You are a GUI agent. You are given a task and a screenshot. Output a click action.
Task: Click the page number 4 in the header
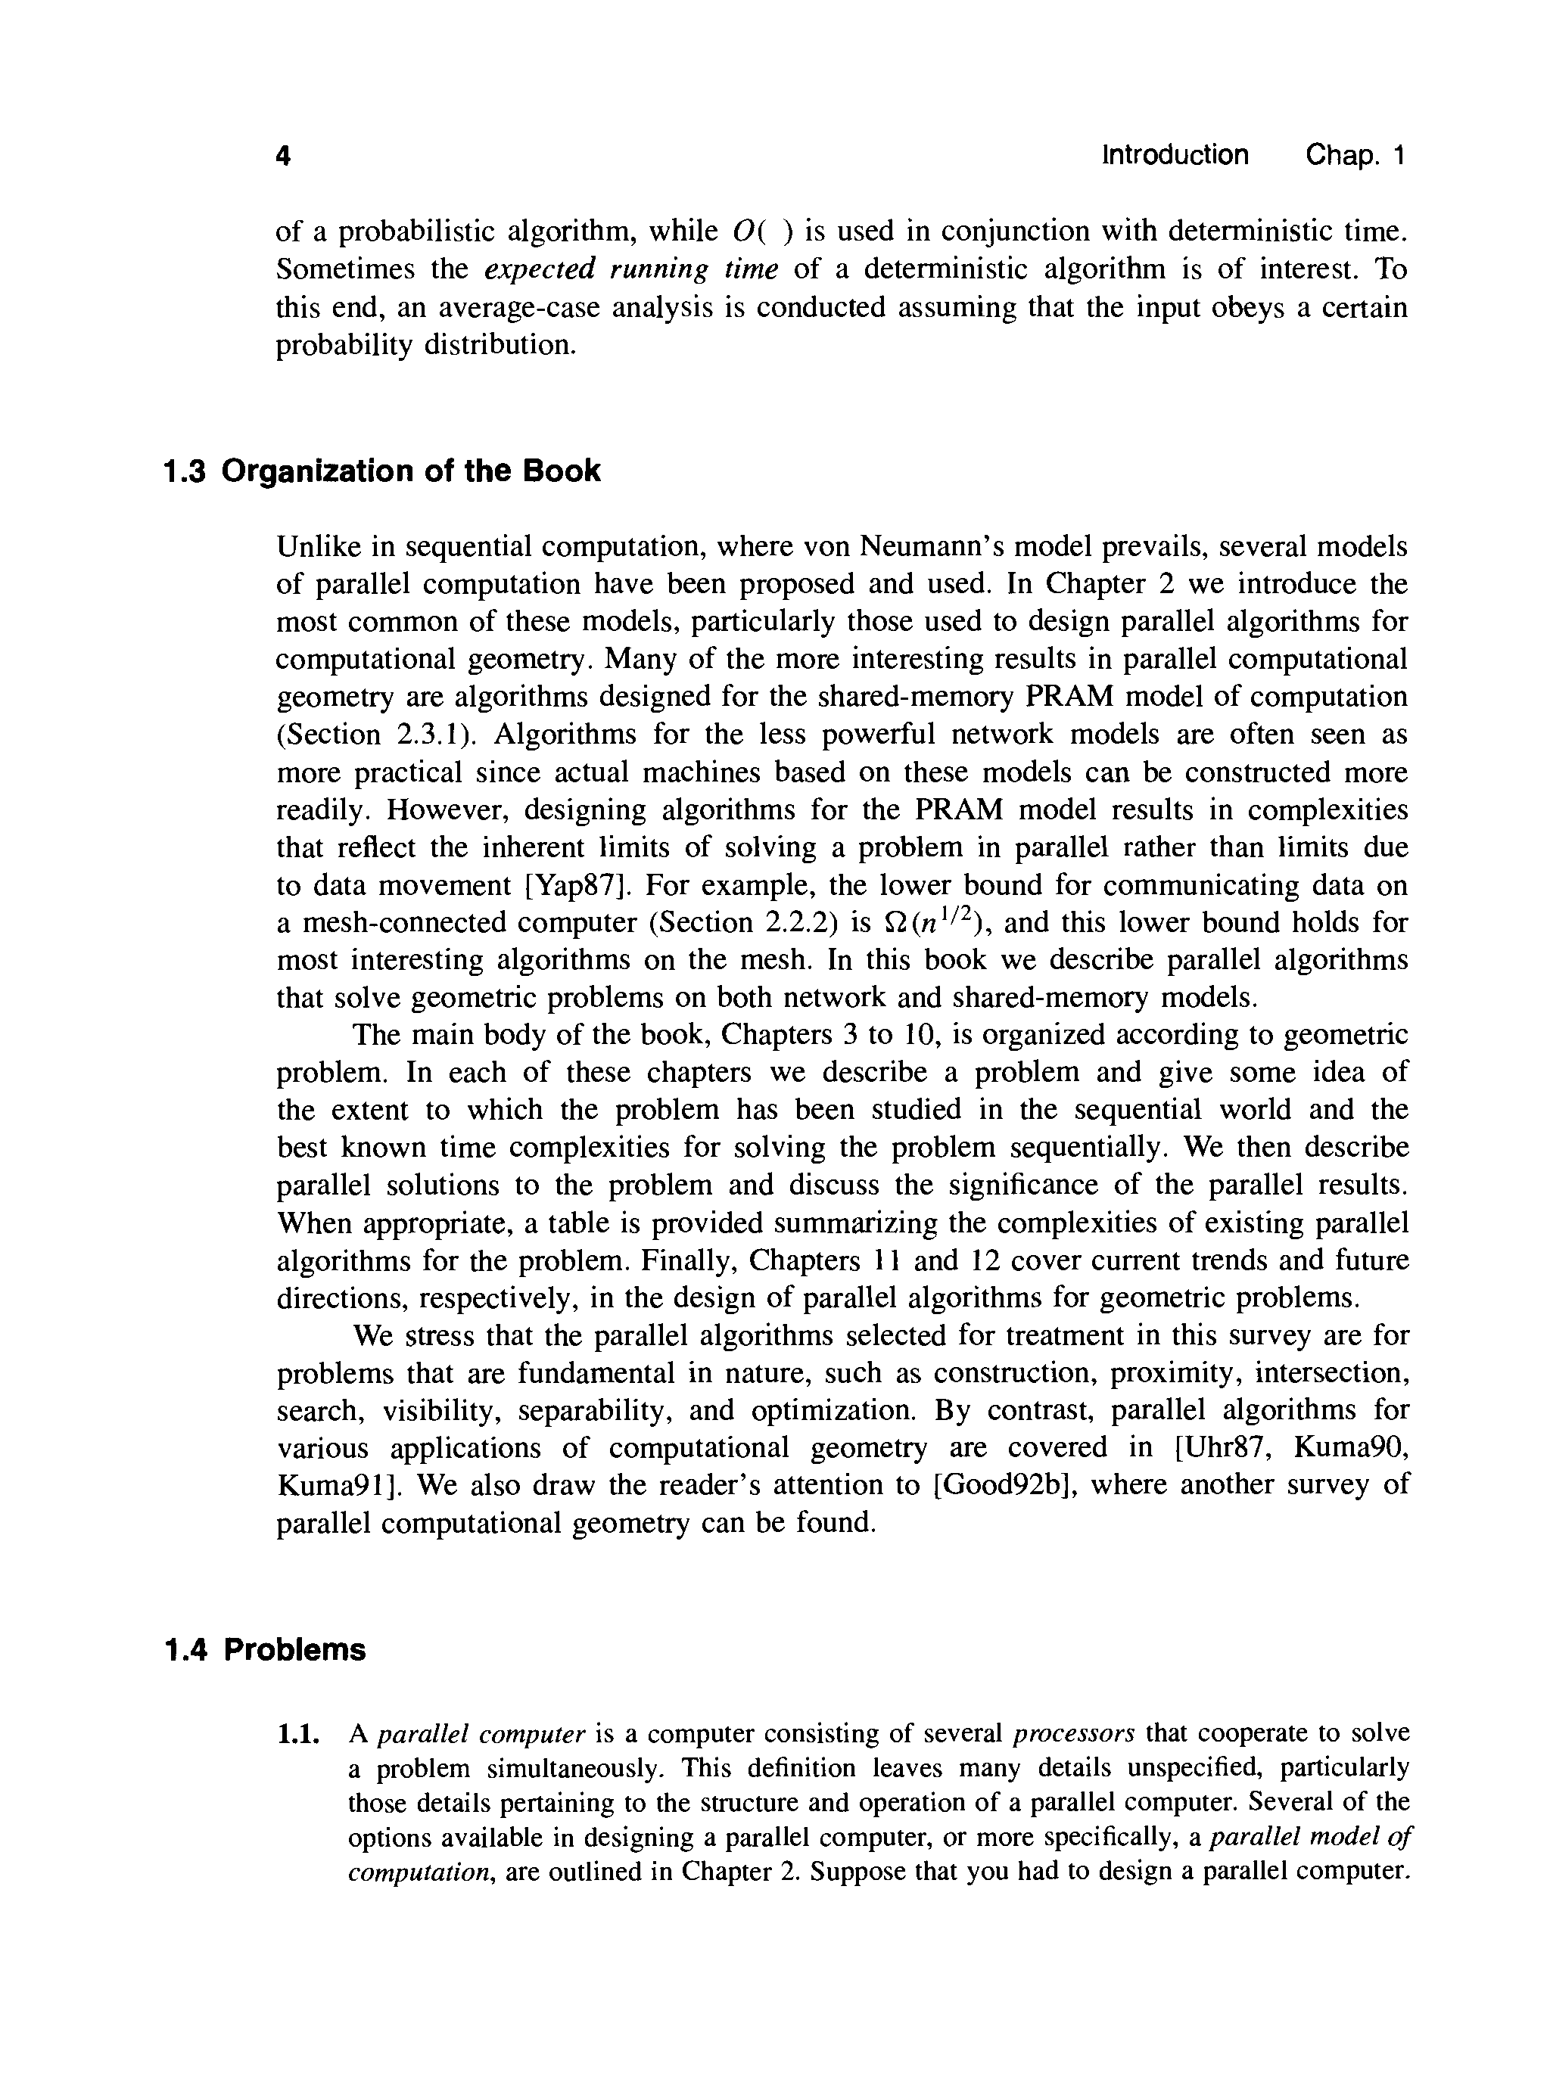(x=283, y=156)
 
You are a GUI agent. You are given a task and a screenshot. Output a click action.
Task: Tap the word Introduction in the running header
(x=1175, y=155)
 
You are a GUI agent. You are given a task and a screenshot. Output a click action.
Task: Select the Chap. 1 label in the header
(x=1355, y=155)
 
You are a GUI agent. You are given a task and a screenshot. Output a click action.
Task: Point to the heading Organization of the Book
(x=410, y=471)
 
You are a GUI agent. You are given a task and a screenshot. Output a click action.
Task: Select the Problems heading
(x=294, y=1650)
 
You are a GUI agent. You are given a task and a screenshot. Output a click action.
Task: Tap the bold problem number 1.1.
(x=299, y=1733)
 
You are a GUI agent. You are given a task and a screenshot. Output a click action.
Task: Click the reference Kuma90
(x=1350, y=1448)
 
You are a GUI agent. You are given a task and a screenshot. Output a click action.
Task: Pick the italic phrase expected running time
(x=631, y=270)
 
